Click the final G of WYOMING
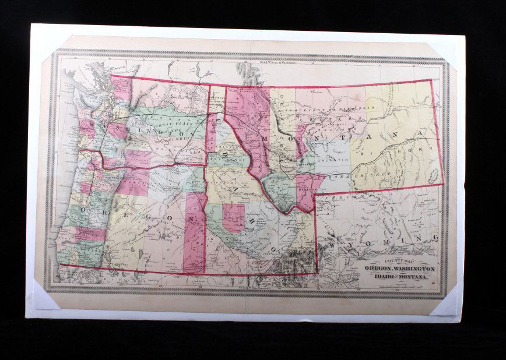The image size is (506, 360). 434,238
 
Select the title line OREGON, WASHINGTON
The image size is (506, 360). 399,269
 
